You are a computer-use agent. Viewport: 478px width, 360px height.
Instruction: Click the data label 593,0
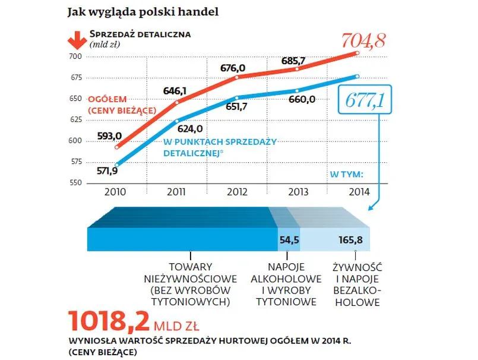(x=113, y=135)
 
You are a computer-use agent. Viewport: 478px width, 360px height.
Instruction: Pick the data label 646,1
(x=175, y=91)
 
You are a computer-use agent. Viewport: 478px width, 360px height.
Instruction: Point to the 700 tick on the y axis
(x=75, y=56)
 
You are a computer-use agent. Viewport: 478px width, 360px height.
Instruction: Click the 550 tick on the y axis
(x=75, y=183)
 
